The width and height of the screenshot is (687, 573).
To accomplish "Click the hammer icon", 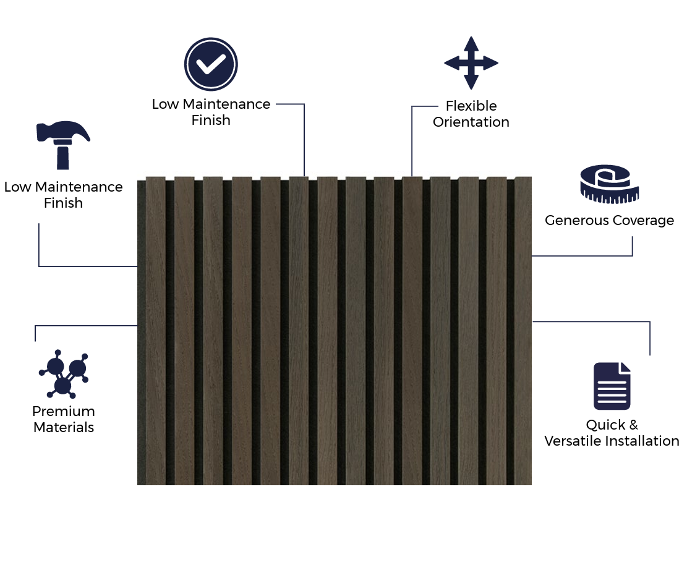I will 62,145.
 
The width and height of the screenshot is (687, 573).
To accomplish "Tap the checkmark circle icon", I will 211,64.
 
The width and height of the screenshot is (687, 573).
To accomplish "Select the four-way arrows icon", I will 471,63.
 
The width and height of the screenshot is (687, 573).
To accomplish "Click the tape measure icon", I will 609,184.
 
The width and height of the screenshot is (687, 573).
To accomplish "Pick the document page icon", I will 612,386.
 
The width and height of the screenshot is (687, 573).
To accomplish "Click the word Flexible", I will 471,106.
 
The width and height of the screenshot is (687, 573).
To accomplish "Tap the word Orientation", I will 471,122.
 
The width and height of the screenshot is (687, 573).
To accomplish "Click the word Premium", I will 64,412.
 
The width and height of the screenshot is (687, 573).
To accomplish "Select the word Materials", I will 64,428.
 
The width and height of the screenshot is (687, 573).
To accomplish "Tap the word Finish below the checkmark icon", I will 211,121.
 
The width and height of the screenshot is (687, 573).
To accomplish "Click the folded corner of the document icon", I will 625,368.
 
